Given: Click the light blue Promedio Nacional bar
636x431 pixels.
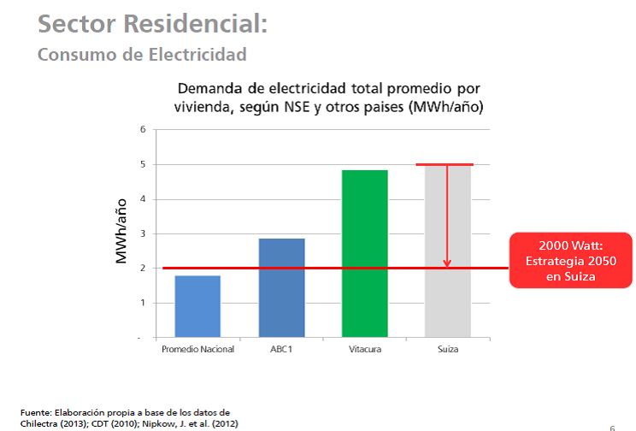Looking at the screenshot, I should (x=197, y=306).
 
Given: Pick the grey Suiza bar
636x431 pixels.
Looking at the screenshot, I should (x=448, y=257).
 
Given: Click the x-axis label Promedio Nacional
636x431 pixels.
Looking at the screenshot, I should (x=197, y=349).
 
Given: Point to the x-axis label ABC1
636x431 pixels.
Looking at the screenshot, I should (x=281, y=349).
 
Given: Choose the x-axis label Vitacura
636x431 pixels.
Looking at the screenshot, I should (x=364, y=349).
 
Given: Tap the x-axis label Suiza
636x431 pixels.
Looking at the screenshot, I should (x=448, y=349).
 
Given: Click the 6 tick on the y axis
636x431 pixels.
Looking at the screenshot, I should (x=144, y=129).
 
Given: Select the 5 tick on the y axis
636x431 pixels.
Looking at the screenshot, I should (x=144, y=164).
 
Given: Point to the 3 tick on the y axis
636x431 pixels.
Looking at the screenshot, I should (x=144, y=233).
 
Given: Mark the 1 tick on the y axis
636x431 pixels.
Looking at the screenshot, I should (x=144, y=303).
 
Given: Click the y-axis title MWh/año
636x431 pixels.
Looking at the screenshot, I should (x=121, y=233).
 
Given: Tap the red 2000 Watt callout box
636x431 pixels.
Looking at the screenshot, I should (x=571, y=260).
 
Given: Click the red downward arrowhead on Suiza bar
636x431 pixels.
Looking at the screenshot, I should (x=447, y=263).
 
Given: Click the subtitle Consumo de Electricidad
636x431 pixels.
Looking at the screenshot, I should (x=142, y=55).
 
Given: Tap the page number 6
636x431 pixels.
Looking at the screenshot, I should (x=612, y=425).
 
